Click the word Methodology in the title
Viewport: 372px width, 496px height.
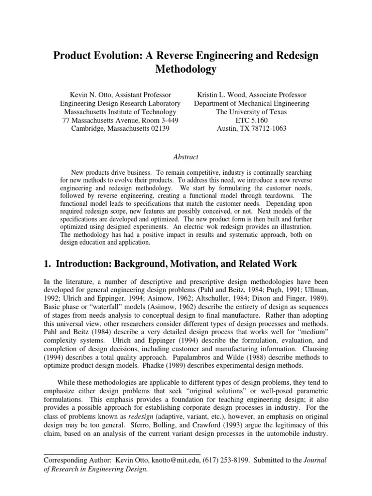pos(186,69)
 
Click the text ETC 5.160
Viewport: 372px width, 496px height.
pos(251,120)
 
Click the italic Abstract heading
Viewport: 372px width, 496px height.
pos(186,156)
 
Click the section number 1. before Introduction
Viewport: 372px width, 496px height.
pos(47,264)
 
